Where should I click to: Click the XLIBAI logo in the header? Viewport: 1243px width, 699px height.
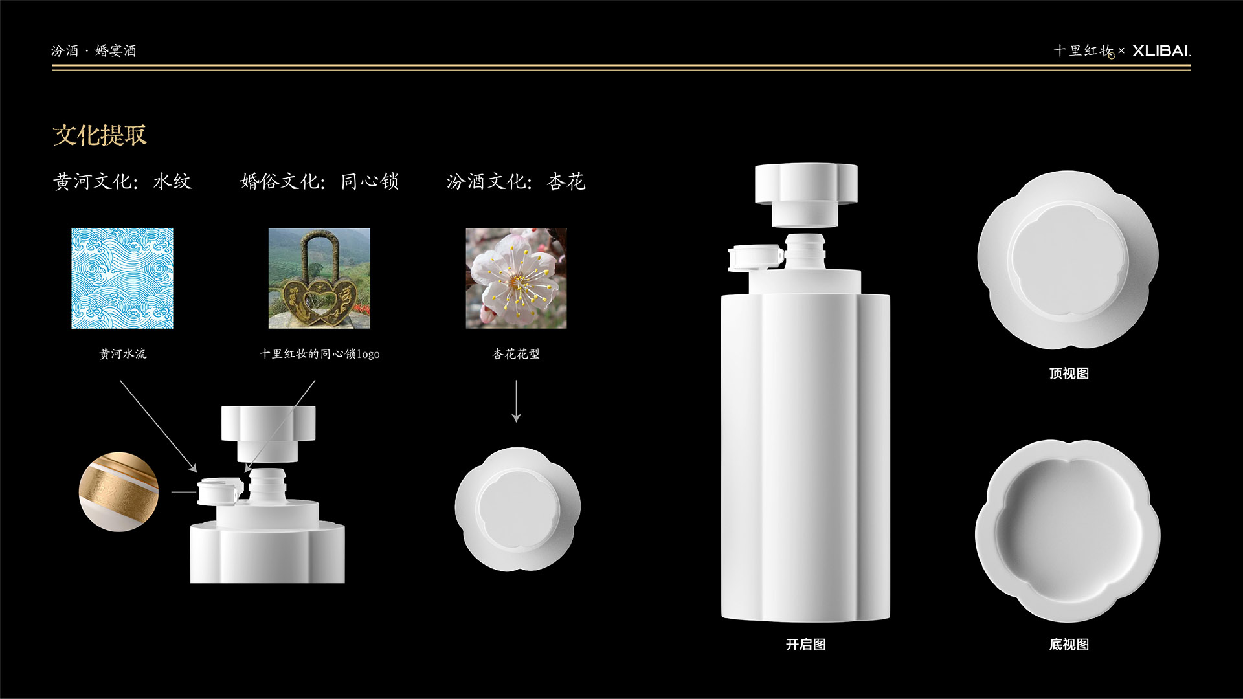1161,50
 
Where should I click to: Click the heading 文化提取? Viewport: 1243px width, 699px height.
100,135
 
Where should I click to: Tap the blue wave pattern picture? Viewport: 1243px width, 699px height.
122,278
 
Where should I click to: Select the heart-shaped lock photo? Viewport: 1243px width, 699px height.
320,278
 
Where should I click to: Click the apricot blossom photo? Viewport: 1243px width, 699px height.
517,278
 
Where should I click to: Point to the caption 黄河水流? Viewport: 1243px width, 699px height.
122,354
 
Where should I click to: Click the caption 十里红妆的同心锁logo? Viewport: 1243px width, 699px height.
320,354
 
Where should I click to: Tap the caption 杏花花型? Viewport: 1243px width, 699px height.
516,354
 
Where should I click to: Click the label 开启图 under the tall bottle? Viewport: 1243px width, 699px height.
806,645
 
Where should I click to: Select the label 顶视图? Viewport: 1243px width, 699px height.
1069,373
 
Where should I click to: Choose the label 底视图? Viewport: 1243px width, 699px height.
1069,645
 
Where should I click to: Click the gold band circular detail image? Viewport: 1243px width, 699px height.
118,492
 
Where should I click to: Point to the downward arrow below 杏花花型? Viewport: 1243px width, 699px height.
516,401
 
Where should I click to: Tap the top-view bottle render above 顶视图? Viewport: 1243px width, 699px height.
1068,260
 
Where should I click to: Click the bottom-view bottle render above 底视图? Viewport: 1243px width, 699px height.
1068,531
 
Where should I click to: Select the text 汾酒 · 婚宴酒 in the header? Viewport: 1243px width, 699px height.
94,50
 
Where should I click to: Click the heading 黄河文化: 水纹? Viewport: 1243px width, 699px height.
122,181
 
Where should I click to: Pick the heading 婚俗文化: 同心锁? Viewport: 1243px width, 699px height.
319,181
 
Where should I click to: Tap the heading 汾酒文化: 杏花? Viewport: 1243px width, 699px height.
516,181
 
